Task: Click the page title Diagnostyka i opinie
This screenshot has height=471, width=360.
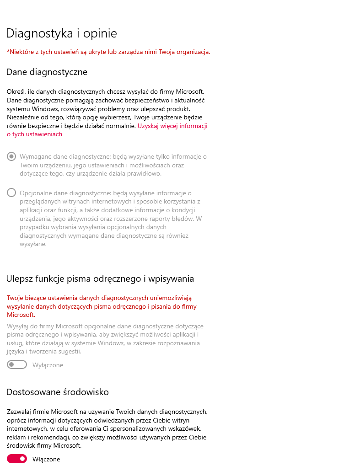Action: [62, 33]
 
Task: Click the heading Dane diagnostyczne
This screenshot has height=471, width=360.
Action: [47, 72]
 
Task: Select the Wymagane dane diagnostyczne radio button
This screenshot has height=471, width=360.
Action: [11, 156]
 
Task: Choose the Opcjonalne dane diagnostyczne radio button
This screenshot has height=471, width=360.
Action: [11, 193]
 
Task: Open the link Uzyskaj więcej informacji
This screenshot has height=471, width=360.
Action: [172, 126]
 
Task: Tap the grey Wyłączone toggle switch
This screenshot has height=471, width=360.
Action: [17, 365]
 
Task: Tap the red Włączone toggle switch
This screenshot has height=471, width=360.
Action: [17, 459]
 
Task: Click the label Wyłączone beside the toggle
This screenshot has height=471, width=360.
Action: [48, 365]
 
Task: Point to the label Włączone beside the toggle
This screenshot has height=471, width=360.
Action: [46, 459]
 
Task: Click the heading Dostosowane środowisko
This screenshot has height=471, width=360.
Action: [58, 392]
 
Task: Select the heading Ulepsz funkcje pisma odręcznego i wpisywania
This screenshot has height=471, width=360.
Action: [100, 278]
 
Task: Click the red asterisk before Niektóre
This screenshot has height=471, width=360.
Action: [8, 52]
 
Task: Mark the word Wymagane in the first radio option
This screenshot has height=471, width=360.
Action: [34, 156]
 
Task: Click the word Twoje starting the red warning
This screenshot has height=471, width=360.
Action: [16, 298]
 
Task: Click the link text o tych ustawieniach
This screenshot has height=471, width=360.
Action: [34, 134]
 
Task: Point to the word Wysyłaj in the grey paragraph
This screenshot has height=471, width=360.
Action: [18, 326]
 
